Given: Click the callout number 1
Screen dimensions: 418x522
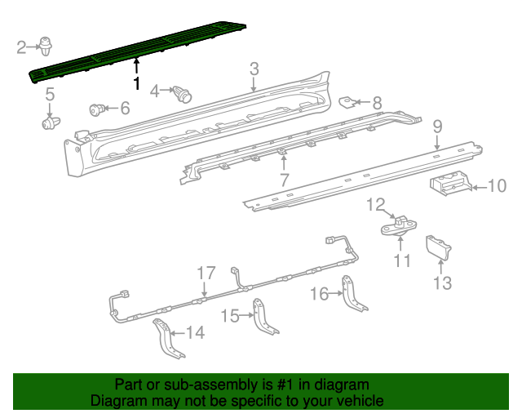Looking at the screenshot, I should click(136, 83).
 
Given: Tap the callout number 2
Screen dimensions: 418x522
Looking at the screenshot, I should click(22, 47).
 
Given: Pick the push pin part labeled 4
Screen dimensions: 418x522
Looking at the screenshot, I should click(184, 94).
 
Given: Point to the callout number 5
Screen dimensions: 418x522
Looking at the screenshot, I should click(50, 96).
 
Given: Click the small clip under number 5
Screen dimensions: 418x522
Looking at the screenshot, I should click(51, 123).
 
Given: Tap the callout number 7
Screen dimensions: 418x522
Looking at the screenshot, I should click(284, 180).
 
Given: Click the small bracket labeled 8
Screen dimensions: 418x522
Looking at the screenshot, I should click(348, 102).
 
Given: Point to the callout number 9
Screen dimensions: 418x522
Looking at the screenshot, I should click(437, 126).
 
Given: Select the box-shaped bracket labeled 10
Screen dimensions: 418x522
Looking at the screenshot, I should click(448, 184).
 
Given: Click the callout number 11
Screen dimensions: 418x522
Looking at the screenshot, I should click(401, 261).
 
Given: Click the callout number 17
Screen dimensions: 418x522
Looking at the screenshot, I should click(205, 273).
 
